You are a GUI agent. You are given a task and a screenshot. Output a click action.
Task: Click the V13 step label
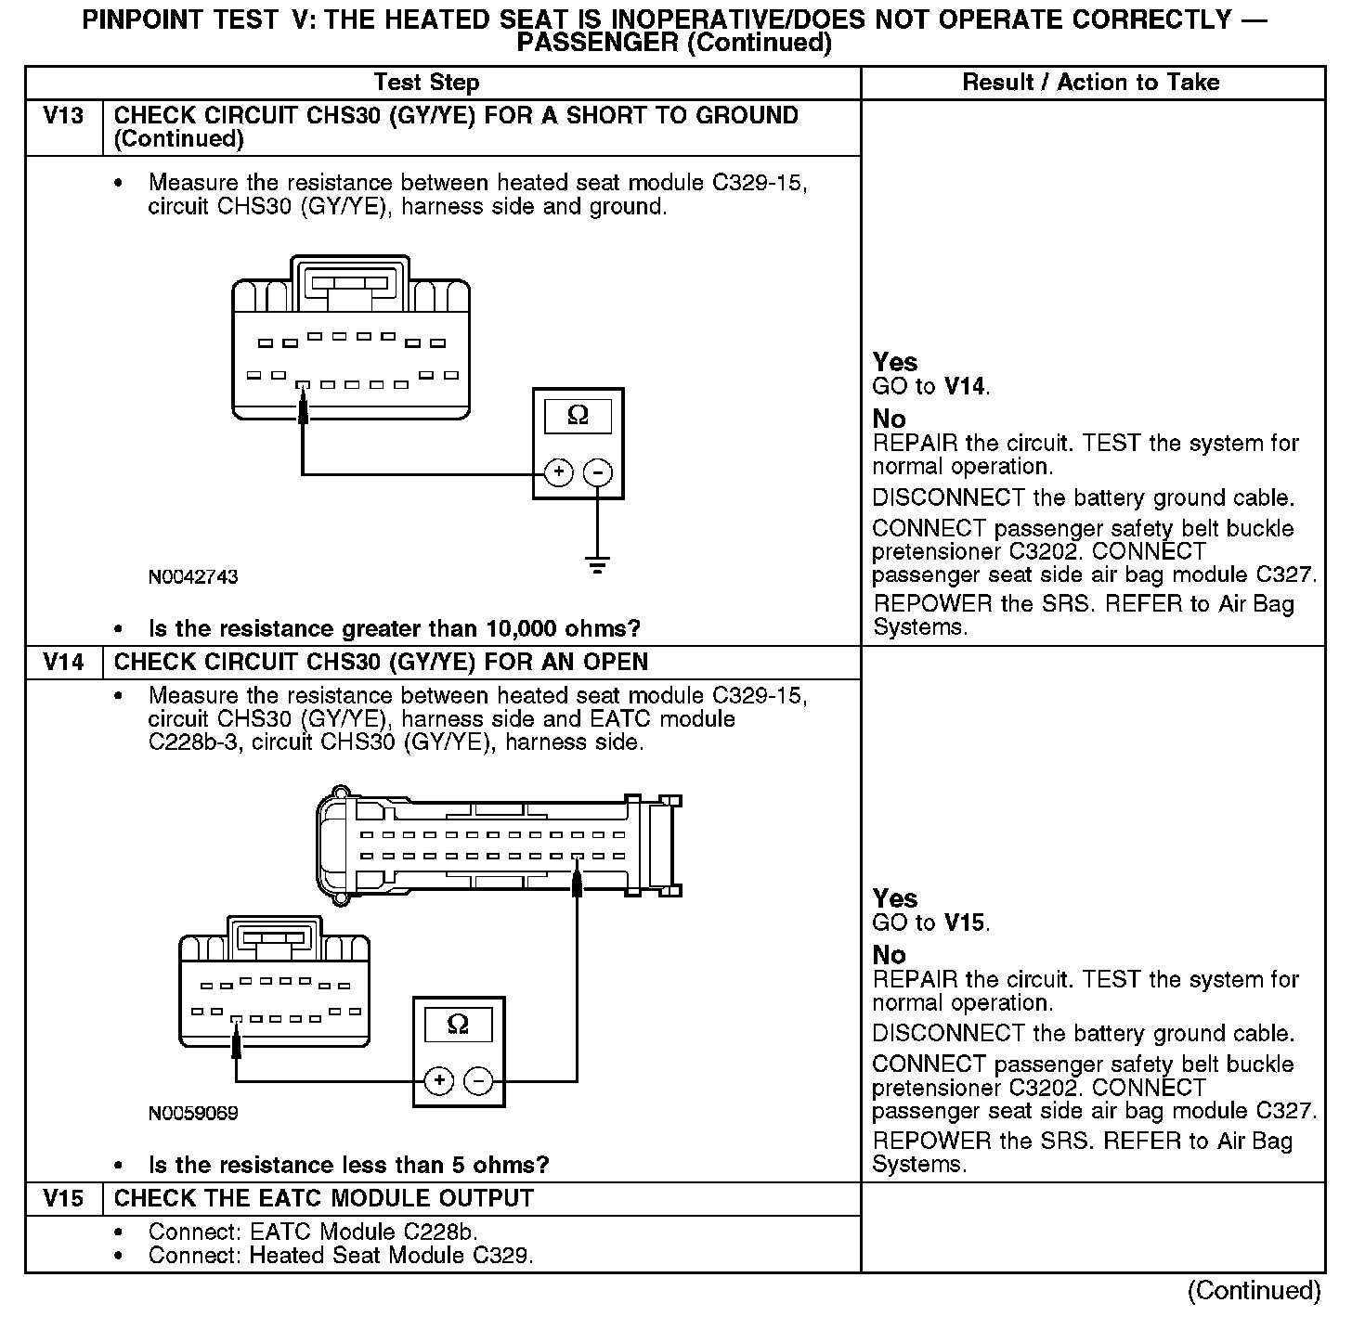63,116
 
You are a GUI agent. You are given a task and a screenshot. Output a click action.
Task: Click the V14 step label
63,663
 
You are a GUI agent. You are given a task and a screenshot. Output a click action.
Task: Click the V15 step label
63,1198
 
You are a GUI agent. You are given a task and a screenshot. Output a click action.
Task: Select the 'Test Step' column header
426,83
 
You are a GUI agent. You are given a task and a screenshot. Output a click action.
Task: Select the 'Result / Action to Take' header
1090,83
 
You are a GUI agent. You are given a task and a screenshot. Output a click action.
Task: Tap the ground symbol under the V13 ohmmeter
597,563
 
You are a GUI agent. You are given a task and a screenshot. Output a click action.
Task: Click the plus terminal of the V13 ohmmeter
558,473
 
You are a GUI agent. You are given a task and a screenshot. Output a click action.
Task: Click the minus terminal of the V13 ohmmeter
597,473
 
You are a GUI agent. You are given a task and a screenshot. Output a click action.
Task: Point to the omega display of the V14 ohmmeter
458,1025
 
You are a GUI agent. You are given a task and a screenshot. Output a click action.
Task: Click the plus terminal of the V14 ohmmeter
438,1081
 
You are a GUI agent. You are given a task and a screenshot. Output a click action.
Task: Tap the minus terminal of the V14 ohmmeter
478,1081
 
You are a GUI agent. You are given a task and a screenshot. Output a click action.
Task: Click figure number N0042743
193,577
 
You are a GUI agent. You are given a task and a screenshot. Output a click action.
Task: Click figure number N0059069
193,1113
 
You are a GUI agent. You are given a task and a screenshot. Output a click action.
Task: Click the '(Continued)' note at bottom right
1254,1291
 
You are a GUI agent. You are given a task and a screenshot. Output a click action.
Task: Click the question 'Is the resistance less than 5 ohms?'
349,1165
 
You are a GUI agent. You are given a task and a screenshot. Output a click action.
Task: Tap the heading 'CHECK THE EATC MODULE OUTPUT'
324,1198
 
